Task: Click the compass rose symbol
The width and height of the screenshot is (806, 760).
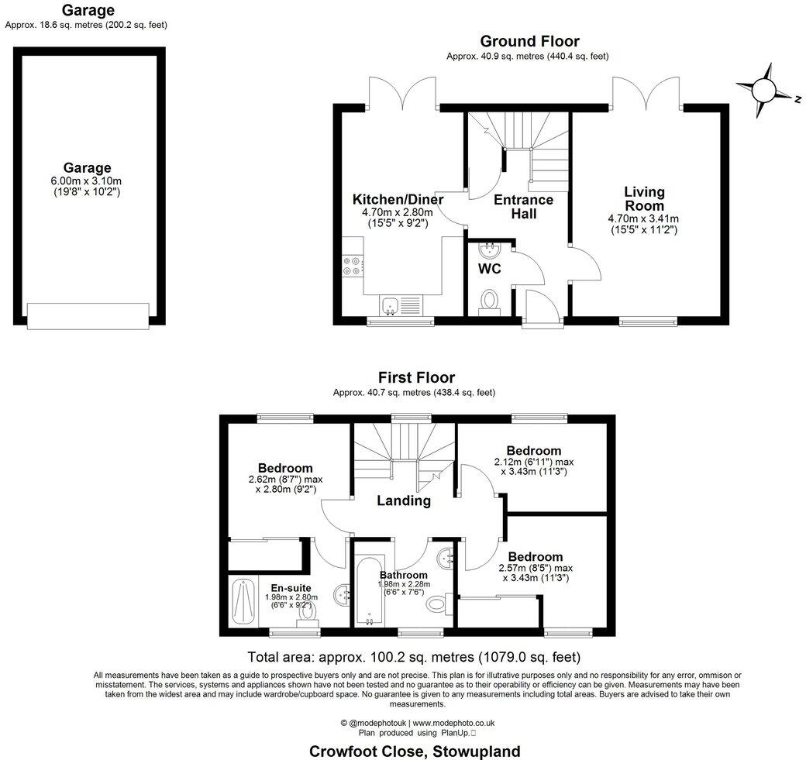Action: click(x=764, y=89)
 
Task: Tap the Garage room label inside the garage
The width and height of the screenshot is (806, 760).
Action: click(x=87, y=168)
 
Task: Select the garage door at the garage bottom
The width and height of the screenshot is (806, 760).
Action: click(x=87, y=315)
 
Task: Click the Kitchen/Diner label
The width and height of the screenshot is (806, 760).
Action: click(x=398, y=200)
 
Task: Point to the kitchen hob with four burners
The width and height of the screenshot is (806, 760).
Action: click(x=351, y=266)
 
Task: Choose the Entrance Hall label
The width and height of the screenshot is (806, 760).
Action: click(x=525, y=207)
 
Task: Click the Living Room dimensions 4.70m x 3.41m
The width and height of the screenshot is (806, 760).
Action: click(x=644, y=218)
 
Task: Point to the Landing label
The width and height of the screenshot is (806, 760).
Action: click(x=404, y=500)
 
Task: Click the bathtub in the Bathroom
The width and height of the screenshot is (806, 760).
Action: click(x=366, y=590)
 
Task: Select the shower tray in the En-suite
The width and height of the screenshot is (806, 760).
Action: click(x=243, y=600)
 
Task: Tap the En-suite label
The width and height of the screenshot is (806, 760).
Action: click(x=288, y=586)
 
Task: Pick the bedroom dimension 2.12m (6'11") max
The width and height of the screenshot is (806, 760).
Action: click(x=533, y=462)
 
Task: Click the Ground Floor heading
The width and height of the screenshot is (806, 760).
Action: click(x=529, y=41)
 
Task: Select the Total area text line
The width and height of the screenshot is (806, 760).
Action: click(x=413, y=658)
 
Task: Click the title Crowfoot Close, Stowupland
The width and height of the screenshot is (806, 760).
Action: click(x=415, y=751)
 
